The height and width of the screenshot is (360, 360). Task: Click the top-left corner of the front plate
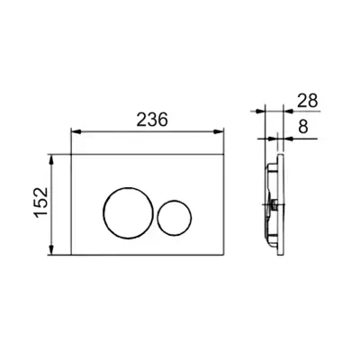click(70, 153)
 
